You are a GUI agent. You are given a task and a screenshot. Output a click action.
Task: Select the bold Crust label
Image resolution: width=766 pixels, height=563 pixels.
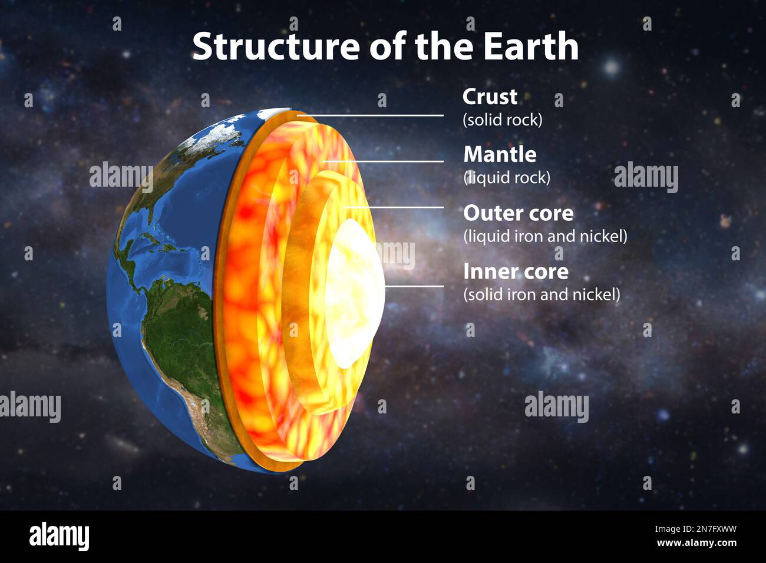tap(490, 97)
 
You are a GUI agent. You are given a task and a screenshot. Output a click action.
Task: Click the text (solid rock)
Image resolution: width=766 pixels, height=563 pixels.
tap(502, 120)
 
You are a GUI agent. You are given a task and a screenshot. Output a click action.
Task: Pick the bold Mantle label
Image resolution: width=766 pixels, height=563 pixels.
tap(500, 154)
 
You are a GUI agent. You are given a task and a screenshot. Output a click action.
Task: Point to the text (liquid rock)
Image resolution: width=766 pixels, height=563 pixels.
tap(506, 177)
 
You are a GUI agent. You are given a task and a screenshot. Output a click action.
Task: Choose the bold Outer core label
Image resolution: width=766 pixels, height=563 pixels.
tap(518, 213)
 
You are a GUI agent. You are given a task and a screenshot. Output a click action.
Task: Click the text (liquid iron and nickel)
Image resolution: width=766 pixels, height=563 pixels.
tap(545, 236)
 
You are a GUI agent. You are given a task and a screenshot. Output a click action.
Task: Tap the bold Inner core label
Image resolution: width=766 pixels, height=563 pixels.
tap(516, 271)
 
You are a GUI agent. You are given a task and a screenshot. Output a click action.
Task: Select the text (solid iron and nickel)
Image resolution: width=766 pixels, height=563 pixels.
tap(542, 294)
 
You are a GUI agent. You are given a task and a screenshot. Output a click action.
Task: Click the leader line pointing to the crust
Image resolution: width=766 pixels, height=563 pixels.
tap(371, 115)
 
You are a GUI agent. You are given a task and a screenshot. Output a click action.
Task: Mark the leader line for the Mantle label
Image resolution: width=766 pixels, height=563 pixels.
tap(383, 161)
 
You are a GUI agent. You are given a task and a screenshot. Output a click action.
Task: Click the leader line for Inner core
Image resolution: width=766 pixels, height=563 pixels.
tap(414, 286)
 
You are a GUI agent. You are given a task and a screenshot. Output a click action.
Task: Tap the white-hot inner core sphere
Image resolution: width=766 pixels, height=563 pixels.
tap(354, 292)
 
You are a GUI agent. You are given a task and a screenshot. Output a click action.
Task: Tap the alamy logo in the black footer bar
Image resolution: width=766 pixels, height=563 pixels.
tap(59, 536)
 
